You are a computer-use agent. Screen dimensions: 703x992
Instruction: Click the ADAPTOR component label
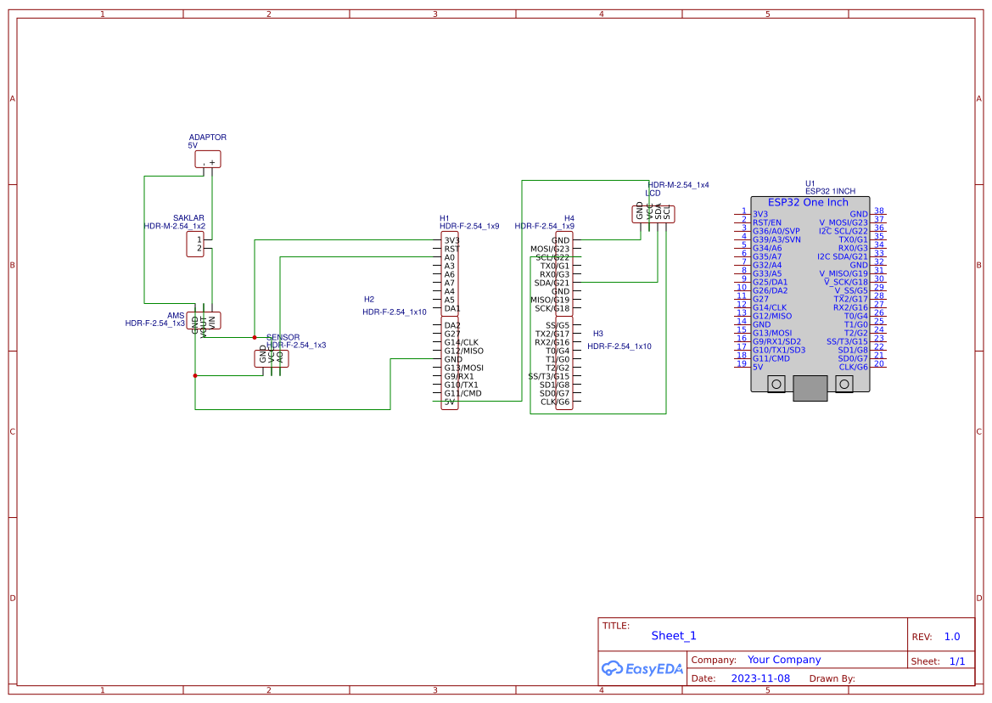207,138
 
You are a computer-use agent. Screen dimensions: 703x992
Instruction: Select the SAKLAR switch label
188,218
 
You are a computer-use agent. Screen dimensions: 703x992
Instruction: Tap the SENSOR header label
283,337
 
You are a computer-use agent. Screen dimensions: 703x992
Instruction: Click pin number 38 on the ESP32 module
879,211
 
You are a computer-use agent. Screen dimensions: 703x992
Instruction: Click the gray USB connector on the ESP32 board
810,388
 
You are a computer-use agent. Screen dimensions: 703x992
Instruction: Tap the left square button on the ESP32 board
776,385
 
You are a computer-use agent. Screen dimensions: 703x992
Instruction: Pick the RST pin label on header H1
451,249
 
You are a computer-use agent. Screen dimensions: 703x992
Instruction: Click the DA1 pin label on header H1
451,308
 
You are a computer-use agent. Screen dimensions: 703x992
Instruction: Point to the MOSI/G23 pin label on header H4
550,249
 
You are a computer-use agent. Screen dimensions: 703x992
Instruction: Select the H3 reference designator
597,334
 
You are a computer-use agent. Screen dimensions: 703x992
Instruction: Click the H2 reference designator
369,300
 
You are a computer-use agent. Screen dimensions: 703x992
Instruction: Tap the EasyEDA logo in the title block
642,669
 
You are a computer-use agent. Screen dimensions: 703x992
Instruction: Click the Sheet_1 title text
674,636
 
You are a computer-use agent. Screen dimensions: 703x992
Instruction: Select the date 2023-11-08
760,678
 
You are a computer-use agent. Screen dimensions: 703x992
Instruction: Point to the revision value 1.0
952,637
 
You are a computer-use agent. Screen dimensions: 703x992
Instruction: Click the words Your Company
784,660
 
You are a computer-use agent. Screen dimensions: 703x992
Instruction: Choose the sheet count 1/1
956,661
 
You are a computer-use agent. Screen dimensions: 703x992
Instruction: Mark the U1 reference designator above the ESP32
810,183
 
